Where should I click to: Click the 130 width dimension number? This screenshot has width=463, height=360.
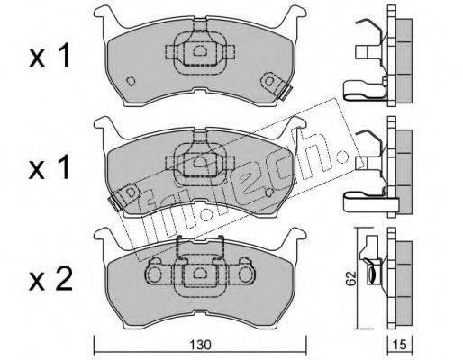click(200, 345)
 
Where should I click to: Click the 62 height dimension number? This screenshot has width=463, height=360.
click(350, 279)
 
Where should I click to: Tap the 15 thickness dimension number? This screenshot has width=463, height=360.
click(400, 345)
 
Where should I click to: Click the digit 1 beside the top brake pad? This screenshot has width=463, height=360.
click(63, 55)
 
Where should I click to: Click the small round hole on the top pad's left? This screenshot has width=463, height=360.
click(131, 81)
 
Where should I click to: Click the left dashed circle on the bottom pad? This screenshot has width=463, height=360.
click(154, 274)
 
